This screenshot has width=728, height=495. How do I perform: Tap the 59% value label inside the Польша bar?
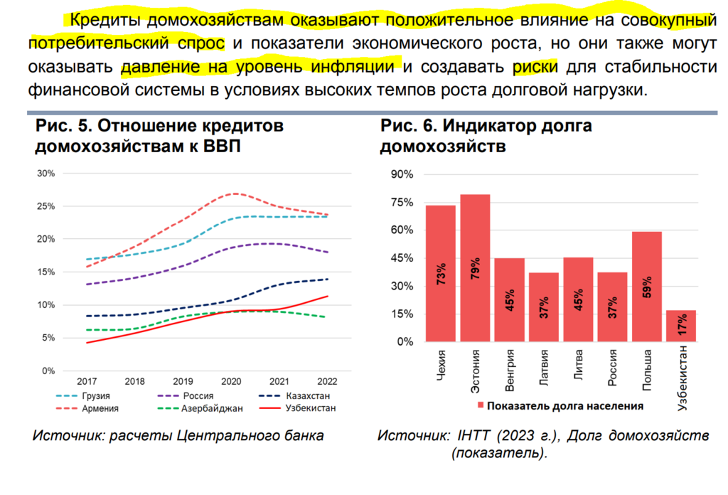(647, 292)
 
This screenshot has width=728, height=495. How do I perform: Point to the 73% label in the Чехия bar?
(441, 275)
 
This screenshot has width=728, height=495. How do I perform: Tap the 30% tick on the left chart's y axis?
(45, 174)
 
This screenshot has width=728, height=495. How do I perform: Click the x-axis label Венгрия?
(510, 369)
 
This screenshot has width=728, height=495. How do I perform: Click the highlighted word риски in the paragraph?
(535, 68)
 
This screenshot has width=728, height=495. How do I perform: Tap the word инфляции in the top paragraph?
(353, 68)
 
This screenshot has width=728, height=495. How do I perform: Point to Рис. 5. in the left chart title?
(63, 127)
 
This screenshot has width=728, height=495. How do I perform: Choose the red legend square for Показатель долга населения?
(481, 406)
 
